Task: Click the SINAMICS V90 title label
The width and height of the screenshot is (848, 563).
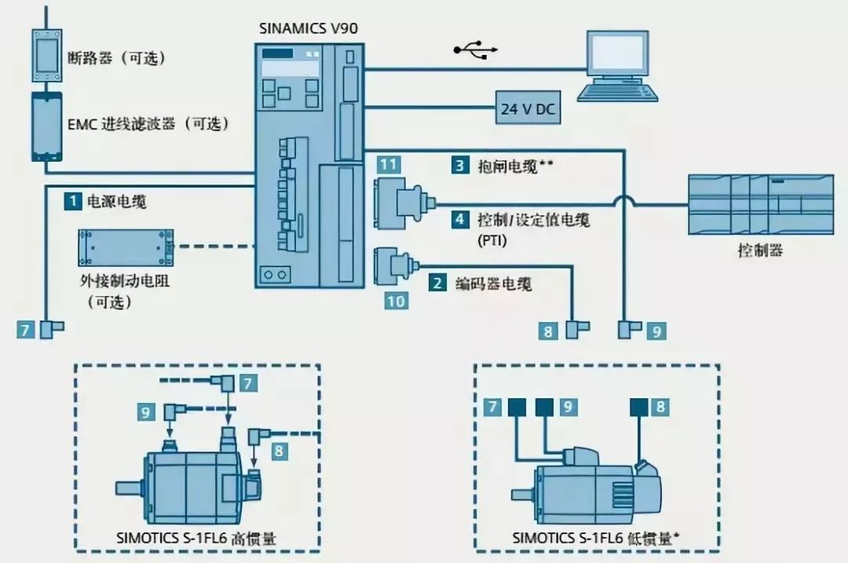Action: [309, 29]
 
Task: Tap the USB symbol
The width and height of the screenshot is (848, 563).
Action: [475, 51]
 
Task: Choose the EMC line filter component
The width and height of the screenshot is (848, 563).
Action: [46, 126]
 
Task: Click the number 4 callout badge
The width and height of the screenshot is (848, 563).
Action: [459, 219]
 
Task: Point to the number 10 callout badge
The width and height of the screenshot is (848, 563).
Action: [396, 301]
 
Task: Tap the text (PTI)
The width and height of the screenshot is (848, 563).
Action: [492, 241]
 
